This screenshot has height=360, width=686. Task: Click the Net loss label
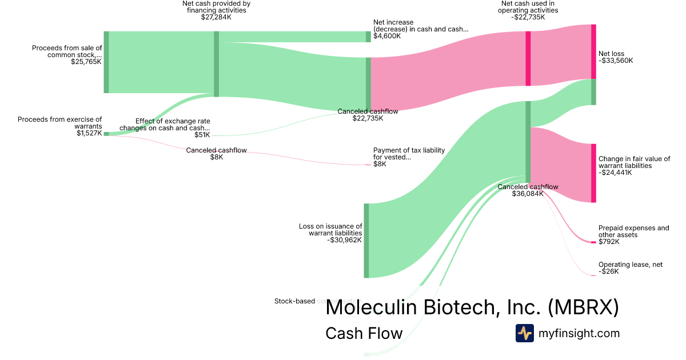[611, 54]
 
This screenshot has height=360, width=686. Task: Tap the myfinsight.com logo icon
[524, 333]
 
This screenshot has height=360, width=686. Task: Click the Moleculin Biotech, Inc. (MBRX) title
[472, 307]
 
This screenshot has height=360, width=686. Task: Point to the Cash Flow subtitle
[364, 333]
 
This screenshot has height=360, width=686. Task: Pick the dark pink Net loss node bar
[593, 51]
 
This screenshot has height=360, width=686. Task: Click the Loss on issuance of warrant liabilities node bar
[366, 241]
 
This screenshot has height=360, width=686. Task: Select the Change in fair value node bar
[593, 173]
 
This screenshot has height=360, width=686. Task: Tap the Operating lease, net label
[631, 265]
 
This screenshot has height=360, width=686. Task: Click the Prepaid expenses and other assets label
[633, 231]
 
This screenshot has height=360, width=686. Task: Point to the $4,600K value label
[387, 36]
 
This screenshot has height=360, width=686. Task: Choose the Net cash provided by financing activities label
[216, 7]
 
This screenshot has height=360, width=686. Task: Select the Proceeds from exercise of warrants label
[59, 123]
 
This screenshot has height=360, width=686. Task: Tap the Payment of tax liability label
[409, 154]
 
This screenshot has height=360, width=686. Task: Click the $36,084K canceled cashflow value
[528, 194]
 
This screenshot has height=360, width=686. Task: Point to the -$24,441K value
[615, 173]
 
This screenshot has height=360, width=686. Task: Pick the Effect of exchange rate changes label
[173, 125]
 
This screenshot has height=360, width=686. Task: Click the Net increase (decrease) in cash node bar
[368, 37]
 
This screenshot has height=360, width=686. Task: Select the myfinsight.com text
[579, 333]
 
